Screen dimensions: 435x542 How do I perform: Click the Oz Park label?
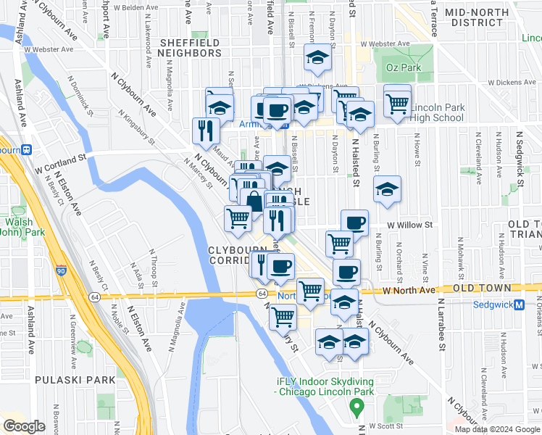[404, 67]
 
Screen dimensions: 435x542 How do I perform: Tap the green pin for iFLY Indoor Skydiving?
[356, 407]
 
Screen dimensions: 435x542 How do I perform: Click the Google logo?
[25, 426]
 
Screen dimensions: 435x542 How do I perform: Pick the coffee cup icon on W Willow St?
[354, 223]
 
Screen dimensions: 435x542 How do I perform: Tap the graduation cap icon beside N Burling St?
[387, 189]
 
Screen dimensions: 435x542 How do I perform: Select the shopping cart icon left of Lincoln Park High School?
[397, 102]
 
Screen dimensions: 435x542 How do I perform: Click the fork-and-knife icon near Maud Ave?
[206, 130]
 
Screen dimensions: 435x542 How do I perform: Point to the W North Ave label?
[409, 289]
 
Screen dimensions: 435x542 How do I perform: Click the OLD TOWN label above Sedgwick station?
[481, 288]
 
